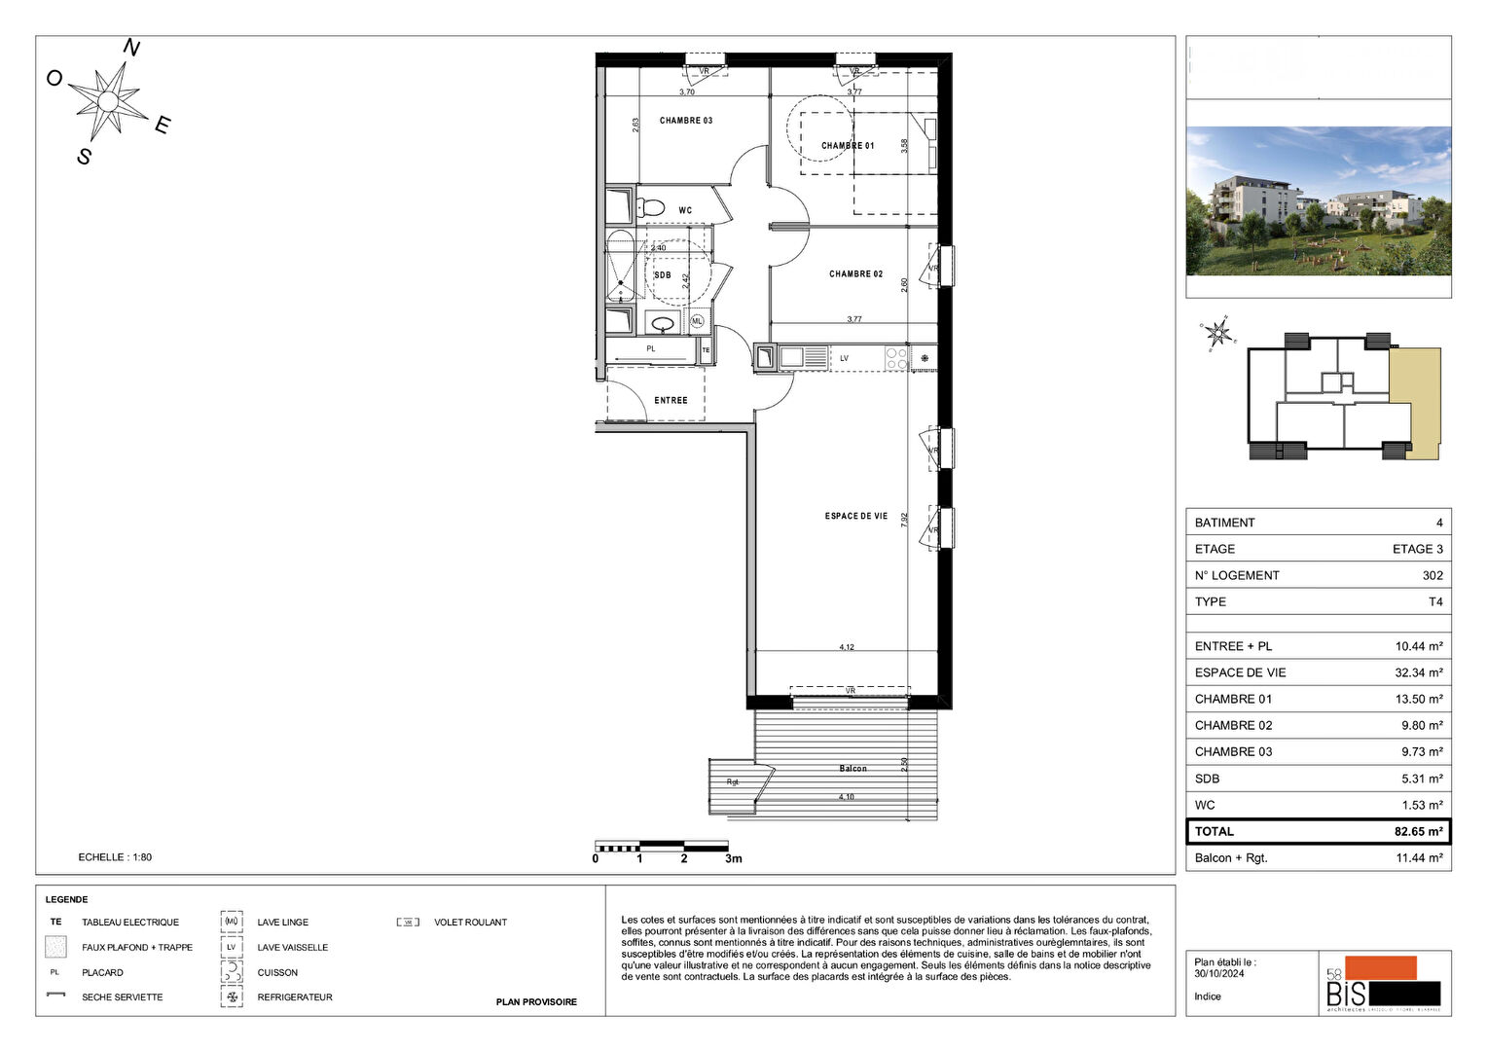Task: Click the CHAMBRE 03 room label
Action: point(685,121)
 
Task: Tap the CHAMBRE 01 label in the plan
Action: point(847,146)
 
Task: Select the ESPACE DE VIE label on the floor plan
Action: point(855,516)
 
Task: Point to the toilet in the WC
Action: point(650,207)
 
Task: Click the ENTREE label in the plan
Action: point(671,400)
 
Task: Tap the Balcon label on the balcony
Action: point(852,769)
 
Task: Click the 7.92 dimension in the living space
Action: point(904,520)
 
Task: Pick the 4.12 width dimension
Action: point(847,647)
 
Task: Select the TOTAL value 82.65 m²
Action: point(1418,832)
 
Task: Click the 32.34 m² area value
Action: point(1418,672)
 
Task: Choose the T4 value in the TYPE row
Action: point(1435,601)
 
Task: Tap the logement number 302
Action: point(1432,575)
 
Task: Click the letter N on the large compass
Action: point(130,49)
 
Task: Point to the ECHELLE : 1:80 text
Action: point(115,857)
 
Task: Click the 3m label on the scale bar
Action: point(733,858)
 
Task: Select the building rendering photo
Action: point(1318,200)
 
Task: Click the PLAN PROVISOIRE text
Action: point(536,1001)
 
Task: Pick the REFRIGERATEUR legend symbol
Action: point(232,997)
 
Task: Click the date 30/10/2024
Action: point(1218,973)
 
